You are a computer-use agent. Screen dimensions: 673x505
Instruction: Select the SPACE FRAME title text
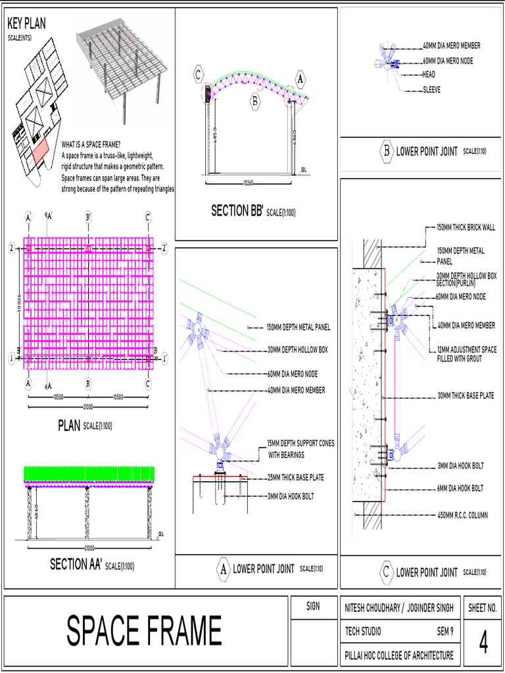tap(144, 631)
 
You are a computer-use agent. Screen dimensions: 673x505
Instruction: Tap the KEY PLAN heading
tap(26, 24)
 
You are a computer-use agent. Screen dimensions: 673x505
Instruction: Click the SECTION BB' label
tap(237, 210)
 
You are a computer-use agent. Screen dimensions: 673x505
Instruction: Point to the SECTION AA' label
tap(76, 564)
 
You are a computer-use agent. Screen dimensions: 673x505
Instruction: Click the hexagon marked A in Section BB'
tap(300, 79)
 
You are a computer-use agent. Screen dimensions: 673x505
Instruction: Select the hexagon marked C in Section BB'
tap(199, 75)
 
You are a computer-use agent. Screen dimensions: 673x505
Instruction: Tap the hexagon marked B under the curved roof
tap(255, 101)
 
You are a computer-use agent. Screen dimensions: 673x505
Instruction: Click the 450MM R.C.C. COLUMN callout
tap(462, 515)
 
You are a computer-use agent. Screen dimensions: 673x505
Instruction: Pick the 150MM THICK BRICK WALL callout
tap(466, 228)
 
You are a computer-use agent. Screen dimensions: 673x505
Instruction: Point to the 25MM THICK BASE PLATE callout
tap(295, 477)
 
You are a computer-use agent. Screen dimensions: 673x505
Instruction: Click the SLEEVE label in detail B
tap(432, 89)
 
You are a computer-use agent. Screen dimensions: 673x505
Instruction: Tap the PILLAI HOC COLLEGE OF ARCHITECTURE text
tap(399, 655)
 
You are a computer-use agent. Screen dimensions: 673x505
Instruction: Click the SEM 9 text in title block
tap(445, 631)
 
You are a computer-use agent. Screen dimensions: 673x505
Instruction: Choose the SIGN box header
tap(313, 606)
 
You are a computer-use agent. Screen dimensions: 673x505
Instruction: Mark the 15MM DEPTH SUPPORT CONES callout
tap(300, 448)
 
